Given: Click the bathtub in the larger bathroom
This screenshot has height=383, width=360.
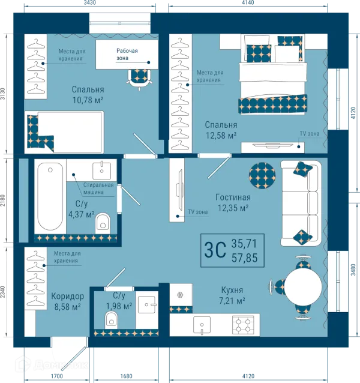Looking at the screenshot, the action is point(50,196).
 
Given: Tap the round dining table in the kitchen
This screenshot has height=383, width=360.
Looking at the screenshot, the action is point(304,286).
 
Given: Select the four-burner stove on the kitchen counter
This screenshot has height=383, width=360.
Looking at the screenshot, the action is point(243,325).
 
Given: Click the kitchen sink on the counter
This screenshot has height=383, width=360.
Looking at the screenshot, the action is point(202,325).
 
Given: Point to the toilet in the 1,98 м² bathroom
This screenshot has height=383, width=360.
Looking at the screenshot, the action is point(111,320).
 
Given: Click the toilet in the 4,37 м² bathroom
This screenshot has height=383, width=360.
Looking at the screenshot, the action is point(103,222).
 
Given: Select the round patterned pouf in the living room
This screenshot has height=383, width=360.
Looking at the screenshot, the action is point(262,175).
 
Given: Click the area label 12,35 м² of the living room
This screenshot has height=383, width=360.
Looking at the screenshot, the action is point(233,208).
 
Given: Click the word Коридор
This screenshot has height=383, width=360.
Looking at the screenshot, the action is point(68,297).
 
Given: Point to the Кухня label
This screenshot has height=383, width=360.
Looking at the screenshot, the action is point(232,290).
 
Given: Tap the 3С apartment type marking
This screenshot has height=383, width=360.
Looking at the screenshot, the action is point(215,250).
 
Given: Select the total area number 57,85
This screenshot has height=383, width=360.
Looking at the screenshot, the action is point(245,258).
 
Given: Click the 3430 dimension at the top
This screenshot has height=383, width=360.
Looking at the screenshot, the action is point(90,2).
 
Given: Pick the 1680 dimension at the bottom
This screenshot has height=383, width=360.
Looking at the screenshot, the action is point(126,376).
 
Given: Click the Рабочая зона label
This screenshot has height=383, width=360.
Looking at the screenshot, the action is point(127,55).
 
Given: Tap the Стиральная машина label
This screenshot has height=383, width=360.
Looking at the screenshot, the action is point(98,188).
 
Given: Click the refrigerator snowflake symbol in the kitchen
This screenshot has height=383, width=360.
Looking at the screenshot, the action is point(181,295).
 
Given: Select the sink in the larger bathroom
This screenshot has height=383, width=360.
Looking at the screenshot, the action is point(102,170).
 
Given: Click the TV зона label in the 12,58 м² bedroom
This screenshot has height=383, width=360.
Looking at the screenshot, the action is point(310,134).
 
